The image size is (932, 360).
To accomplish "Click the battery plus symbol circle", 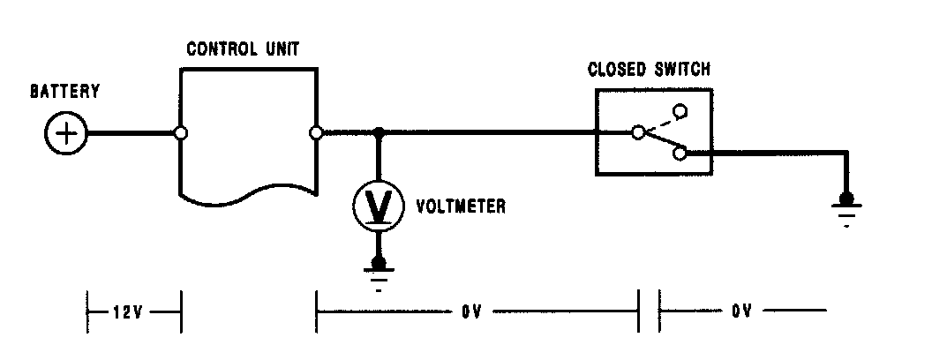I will point(65,134).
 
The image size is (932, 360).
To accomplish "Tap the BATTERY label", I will point(65,92).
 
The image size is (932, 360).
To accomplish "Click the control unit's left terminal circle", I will point(180,134).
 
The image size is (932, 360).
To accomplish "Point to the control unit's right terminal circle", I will point(316,134).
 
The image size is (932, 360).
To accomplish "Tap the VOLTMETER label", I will point(461,207).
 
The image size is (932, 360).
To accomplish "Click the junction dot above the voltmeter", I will point(379,133).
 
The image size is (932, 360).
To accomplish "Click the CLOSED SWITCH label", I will point(650,70).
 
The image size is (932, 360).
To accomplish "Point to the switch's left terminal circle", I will point(637,134).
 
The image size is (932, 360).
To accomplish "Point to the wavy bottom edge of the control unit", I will point(247,190).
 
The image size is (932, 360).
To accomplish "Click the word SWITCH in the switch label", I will point(685,70).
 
